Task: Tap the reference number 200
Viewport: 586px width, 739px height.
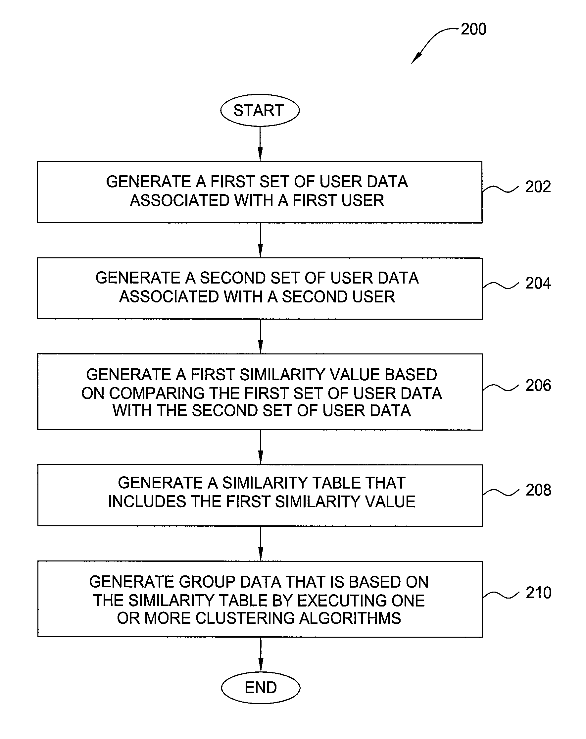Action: pos(473,29)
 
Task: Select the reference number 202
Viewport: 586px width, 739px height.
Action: pos(538,187)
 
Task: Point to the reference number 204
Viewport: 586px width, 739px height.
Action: pos(538,283)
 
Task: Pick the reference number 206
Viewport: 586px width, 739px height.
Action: pos(538,385)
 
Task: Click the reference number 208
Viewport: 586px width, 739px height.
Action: pos(538,490)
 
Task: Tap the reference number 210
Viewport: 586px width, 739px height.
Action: pos(538,593)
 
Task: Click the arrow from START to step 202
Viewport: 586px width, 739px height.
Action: pos(260,144)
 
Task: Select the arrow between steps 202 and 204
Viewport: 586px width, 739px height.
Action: pos(260,240)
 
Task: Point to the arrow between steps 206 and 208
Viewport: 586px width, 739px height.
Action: pos(261,447)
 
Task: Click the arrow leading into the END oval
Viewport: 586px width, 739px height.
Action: pos(261,654)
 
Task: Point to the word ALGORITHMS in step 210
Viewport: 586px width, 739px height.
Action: pos(350,618)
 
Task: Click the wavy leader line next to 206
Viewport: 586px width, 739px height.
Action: pos(500,387)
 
